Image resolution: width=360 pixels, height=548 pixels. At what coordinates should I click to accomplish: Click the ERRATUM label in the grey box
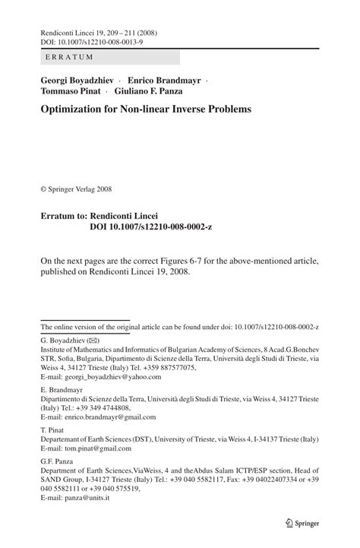69,57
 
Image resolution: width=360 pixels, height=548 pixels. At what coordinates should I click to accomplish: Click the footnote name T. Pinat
52,428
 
